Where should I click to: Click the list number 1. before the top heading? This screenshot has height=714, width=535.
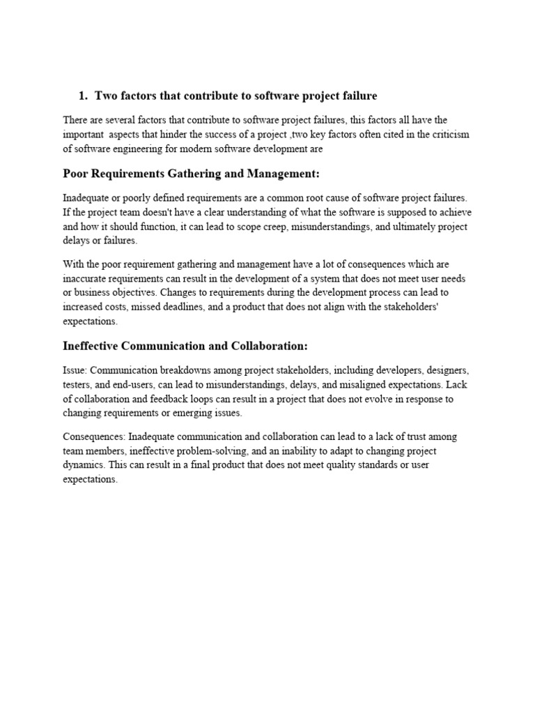pos(83,96)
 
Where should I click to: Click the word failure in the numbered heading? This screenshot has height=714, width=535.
pos(357,96)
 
